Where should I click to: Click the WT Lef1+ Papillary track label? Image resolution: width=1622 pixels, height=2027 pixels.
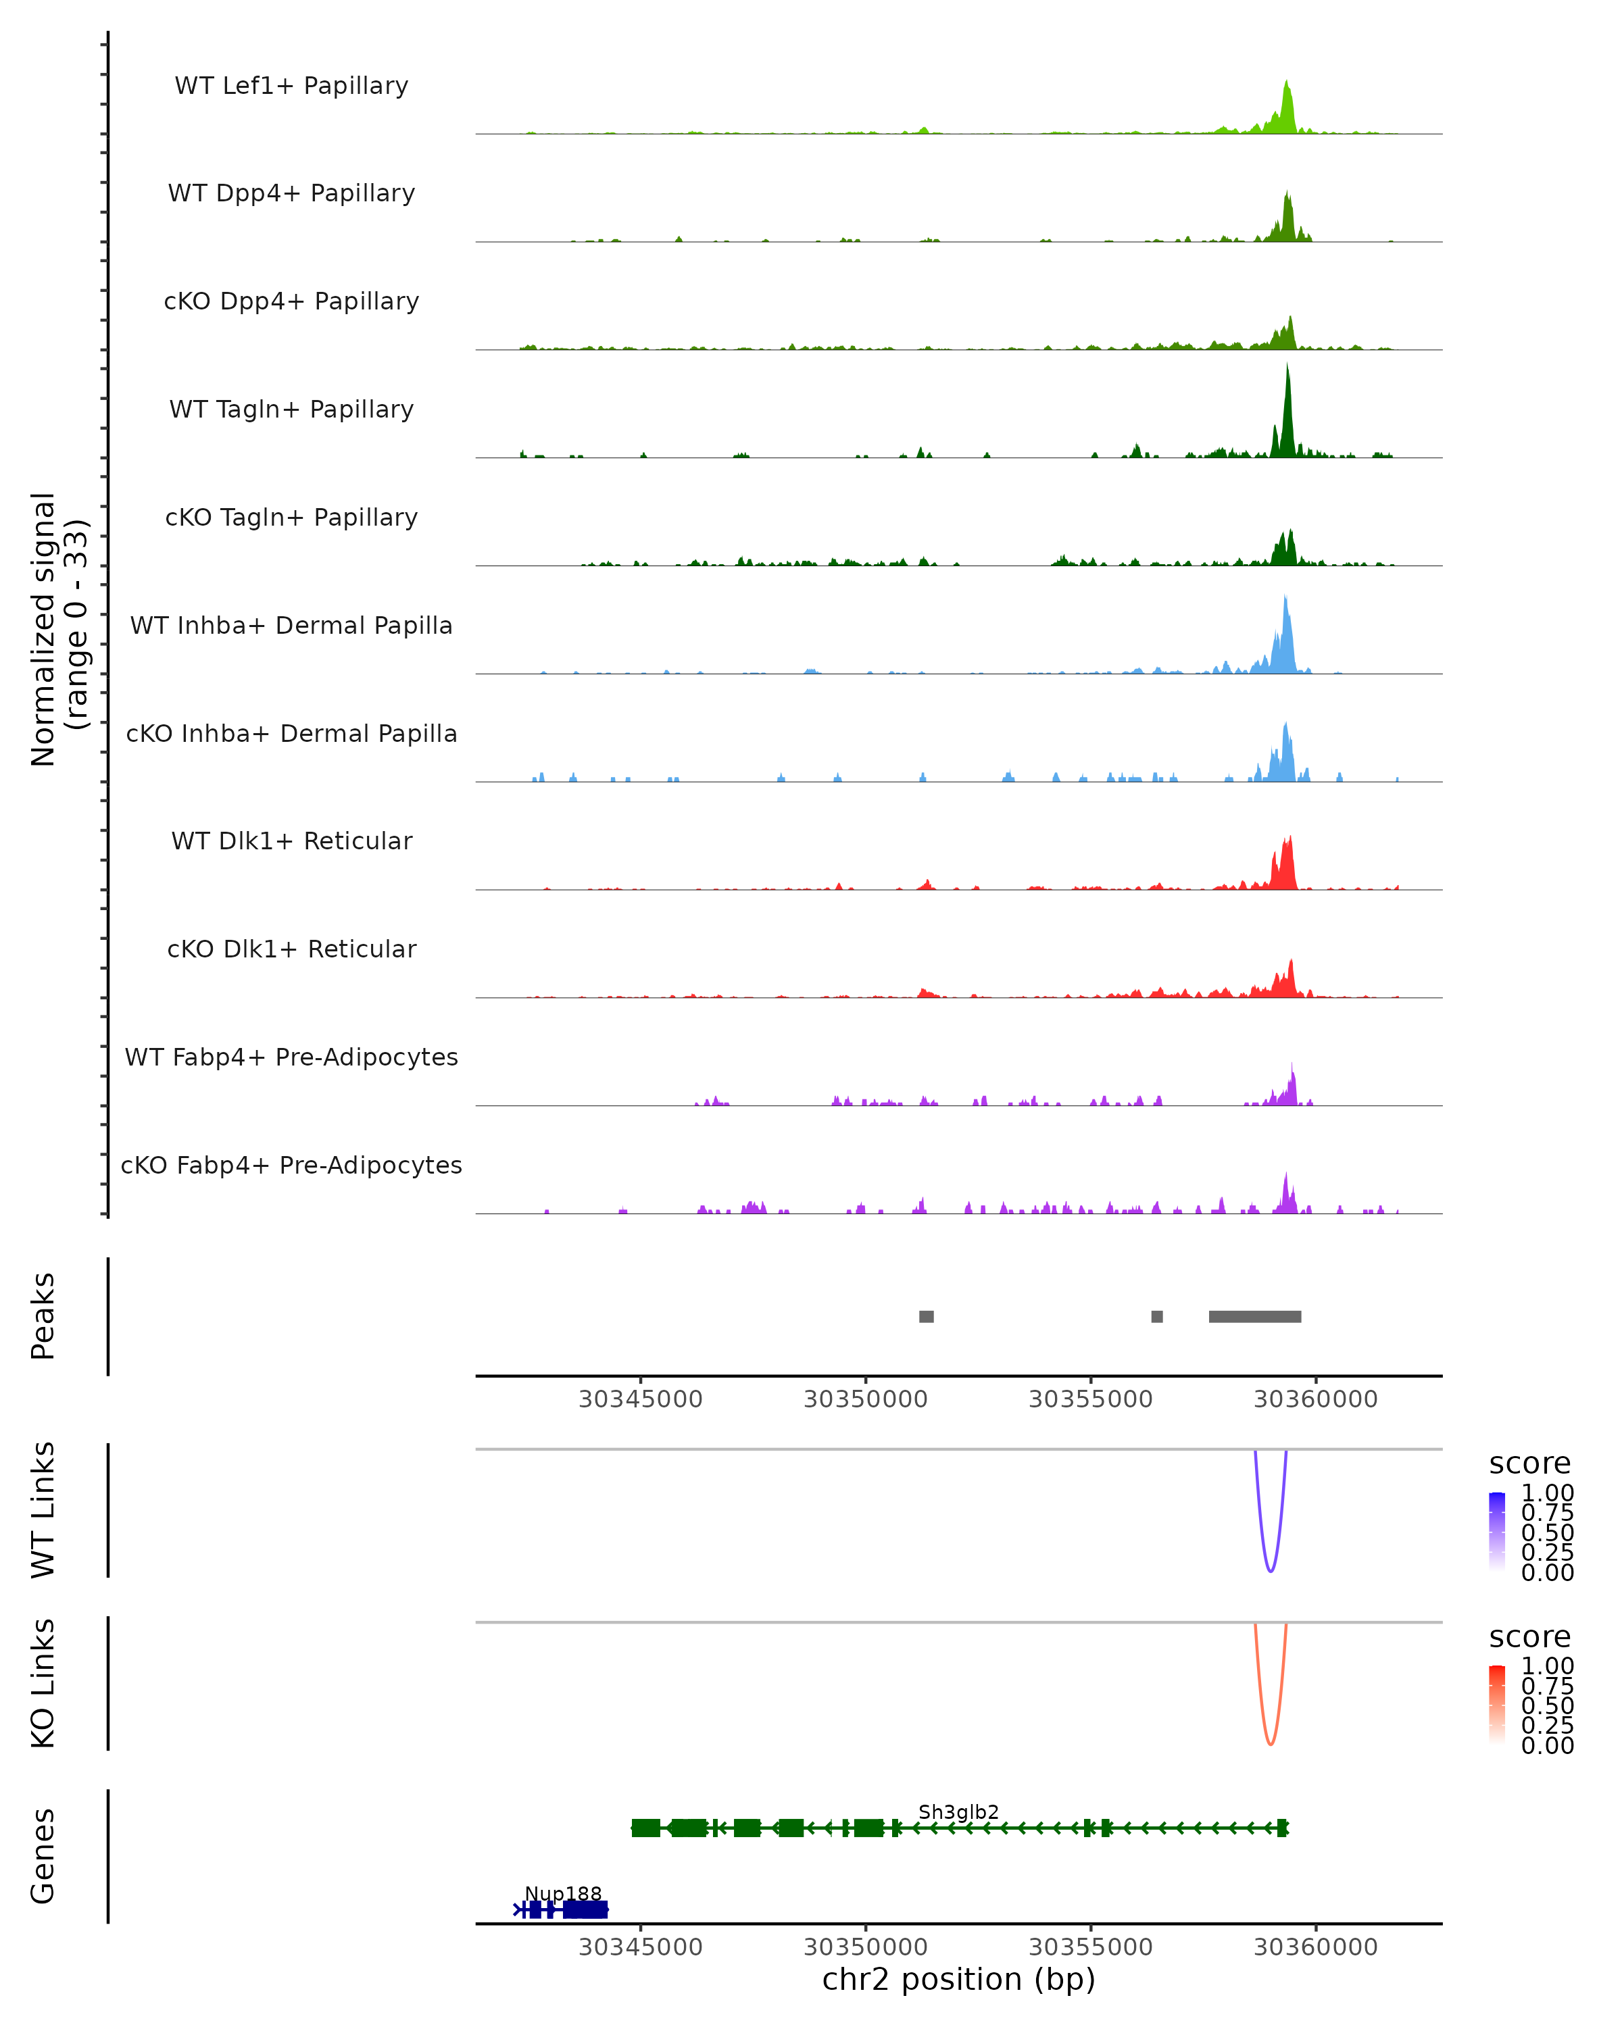tap(291, 86)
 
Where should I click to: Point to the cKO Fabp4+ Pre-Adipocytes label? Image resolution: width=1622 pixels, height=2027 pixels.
tap(291, 1165)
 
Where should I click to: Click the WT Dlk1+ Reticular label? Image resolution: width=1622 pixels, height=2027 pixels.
tap(291, 841)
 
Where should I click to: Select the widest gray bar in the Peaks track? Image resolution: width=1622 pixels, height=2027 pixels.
tap(1254, 1316)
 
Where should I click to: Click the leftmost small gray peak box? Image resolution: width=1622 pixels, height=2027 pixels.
tap(926, 1316)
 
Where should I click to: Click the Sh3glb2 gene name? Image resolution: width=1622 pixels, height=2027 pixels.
tap(958, 1811)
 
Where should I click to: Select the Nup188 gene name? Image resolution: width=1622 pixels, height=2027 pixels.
tap(562, 1893)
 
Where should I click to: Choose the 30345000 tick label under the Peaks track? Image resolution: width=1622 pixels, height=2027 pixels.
tap(640, 1399)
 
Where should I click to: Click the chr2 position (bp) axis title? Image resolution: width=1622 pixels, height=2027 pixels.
tap(958, 1979)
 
